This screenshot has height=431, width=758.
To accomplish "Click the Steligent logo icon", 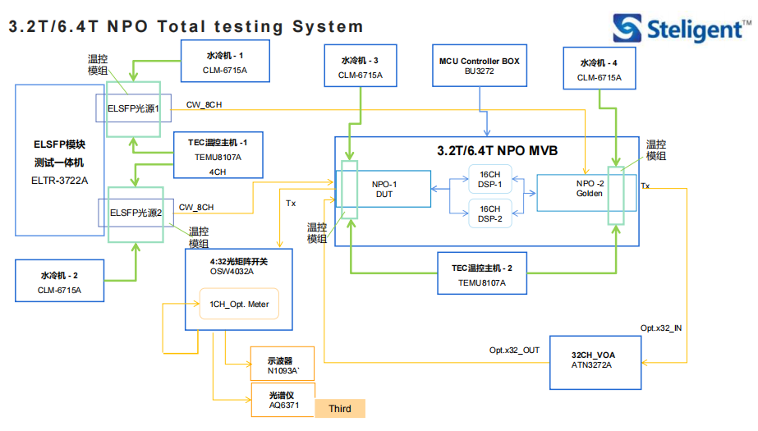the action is tap(627, 28).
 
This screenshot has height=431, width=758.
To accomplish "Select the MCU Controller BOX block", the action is tap(480, 66).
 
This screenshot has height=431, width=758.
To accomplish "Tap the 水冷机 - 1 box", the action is tap(225, 61).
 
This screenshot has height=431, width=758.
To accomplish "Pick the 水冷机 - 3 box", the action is tap(361, 66).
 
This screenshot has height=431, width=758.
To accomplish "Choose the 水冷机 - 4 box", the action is tap(600, 68).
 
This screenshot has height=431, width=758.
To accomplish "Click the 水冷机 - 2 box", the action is tap(59, 281).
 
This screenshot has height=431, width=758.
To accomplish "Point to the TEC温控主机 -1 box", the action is tap(218, 155).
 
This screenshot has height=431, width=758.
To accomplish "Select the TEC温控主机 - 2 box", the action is tap(482, 273).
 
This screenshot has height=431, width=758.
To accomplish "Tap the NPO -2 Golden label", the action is tap(590, 189).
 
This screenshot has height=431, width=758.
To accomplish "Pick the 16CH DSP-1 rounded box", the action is tap(490, 179).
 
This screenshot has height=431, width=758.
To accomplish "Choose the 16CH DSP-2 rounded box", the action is tap(490, 213).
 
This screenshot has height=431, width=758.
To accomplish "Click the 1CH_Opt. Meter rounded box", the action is tap(239, 304).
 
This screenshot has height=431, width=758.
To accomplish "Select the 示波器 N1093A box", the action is tap(283, 364).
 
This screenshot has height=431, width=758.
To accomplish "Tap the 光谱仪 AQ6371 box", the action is tap(283, 400).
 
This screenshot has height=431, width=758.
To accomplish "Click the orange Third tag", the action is tap(340, 408).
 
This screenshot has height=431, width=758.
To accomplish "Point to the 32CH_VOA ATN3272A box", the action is tap(595, 362).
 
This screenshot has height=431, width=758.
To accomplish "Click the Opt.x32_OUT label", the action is tap(514, 350).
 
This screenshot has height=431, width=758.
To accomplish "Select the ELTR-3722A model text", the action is tap(59, 181).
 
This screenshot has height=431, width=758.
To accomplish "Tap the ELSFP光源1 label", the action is tap(133, 108).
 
